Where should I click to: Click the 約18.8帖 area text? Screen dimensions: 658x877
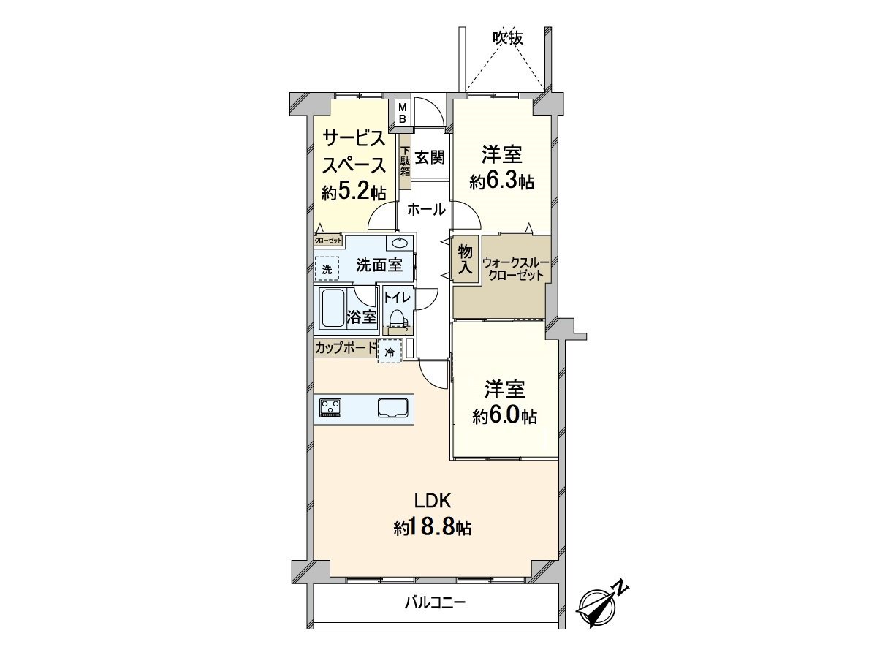coord(433,527)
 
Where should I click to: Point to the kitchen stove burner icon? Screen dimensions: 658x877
coord(330,407)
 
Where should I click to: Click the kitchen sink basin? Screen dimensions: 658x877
coord(392,408)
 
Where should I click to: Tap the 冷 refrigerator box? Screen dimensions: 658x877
coord(390,351)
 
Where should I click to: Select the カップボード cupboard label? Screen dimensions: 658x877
coord(345,348)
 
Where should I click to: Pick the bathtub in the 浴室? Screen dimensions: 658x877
coord(333,308)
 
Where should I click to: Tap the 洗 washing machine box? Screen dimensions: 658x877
coord(327,269)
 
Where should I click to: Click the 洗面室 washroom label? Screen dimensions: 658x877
coord(379,265)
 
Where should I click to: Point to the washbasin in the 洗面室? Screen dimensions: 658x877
coord(400,243)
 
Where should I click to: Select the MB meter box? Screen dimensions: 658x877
coord(402,113)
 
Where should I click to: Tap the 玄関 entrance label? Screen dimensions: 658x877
coord(430,156)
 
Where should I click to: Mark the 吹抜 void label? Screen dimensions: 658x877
coord(507,38)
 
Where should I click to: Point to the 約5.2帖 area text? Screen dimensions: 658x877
coord(354,192)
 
